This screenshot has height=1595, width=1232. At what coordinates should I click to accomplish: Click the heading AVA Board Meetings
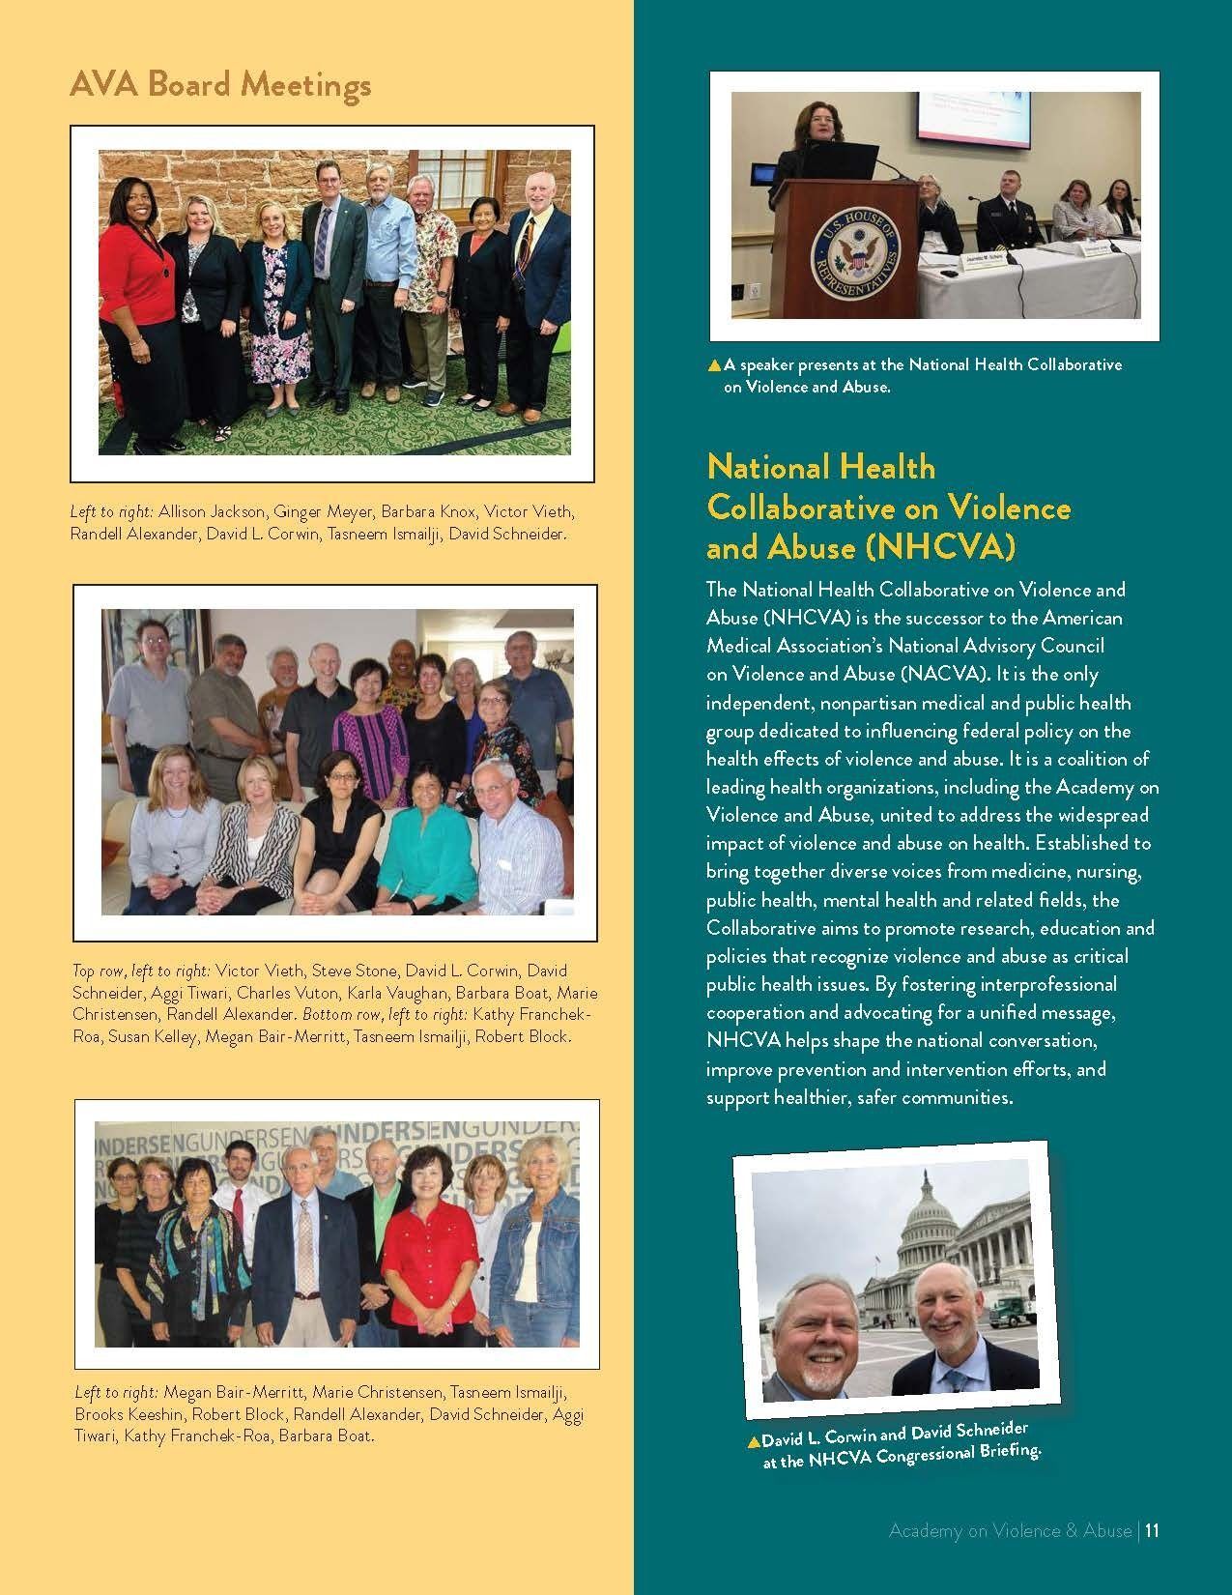click(220, 86)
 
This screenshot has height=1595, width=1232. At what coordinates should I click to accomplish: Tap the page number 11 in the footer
click(1151, 1530)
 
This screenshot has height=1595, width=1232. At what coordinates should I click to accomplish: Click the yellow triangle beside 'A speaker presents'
click(714, 365)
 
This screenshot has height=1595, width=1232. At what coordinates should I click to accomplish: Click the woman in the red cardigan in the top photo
click(134, 290)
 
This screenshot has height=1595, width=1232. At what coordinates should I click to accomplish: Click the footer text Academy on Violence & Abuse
click(1009, 1530)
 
